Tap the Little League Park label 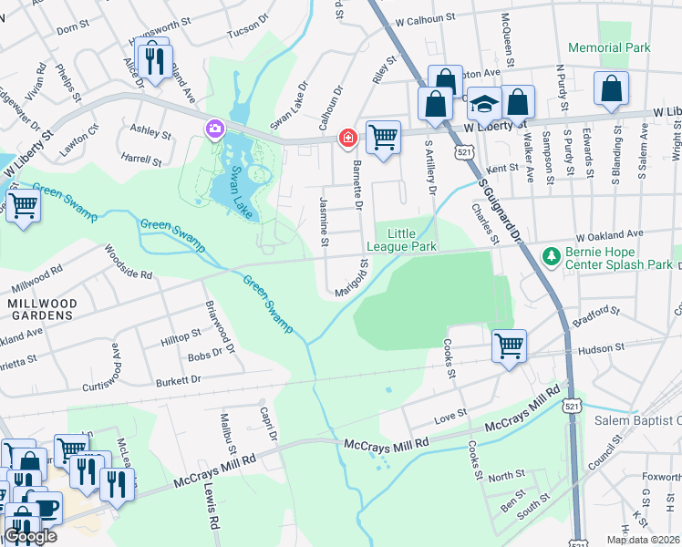click(x=401, y=239)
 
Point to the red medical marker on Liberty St click(x=346, y=139)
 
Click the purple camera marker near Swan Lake click(x=214, y=129)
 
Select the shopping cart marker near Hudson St click(x=510, y=346)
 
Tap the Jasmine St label click(x=325, y=221)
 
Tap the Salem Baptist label click(x=637, y=420)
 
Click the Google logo click(x=29, y=536)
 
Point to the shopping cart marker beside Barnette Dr click(x=384, y=138)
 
